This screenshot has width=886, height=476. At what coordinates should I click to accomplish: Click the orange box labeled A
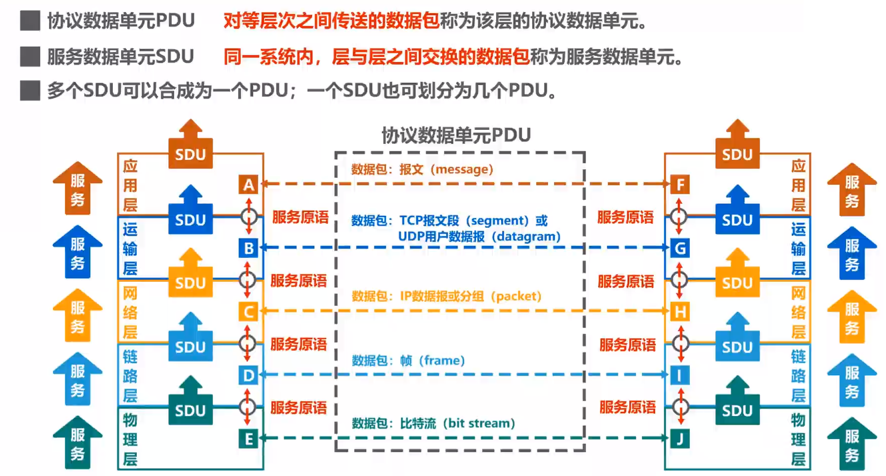pos(248,185)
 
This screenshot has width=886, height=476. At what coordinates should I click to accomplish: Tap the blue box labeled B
pos(248,248)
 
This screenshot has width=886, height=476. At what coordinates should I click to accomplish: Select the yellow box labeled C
pos(248,312)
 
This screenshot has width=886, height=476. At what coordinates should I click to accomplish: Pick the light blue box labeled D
pos(248,375)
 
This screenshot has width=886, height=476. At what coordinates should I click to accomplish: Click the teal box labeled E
pos(248,439)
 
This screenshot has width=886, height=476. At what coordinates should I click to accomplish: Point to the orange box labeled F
pos(680,185)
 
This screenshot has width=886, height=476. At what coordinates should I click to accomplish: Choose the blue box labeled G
pos(680,248)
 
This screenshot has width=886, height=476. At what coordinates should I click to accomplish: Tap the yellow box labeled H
pos(680,312)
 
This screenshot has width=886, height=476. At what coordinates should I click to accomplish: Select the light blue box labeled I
pos(680,375)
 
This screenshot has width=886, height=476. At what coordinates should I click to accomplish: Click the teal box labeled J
pos(680,439)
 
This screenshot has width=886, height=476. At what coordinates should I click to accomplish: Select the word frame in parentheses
pos(442,360)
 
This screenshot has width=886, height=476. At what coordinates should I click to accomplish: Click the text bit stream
pos(479,424)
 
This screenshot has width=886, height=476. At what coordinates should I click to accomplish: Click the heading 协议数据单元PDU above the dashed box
pos(456,135)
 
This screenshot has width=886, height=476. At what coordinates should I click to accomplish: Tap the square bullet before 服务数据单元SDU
pos(30,57)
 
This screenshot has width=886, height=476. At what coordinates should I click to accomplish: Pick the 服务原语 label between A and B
pos(300,217)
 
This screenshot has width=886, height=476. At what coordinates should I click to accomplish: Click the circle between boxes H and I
pos(680,344)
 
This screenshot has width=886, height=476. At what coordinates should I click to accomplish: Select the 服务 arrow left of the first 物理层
pos(77,443)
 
